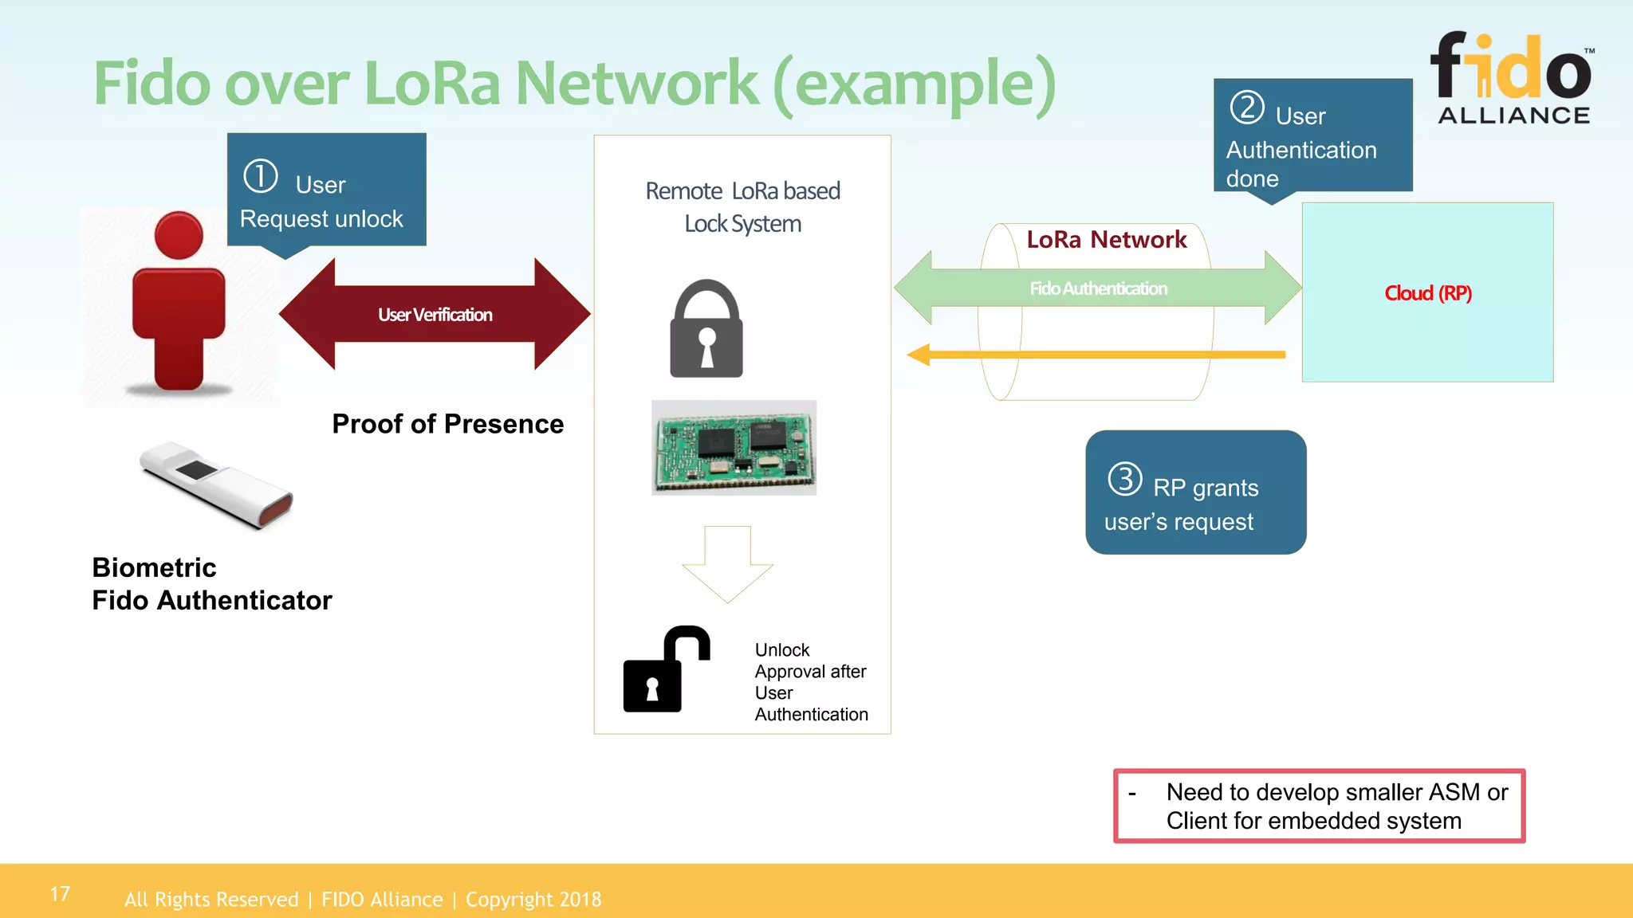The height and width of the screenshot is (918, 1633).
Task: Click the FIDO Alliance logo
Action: click(1513, 78)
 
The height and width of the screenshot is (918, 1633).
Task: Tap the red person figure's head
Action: click(179, 235)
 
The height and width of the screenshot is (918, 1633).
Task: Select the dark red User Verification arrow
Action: click(435, 314)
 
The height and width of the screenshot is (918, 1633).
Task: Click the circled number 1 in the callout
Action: click(261, 176)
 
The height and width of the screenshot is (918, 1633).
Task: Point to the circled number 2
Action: click(1247, 108)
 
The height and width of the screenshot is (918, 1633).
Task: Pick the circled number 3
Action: click(1125, 479)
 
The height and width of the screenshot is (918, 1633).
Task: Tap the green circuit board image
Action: click(734, 447)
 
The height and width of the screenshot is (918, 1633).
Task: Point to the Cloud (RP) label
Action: click(1427, 293)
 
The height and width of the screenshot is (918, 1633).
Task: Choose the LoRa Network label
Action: click(1106, 239)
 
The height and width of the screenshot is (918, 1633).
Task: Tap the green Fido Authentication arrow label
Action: click(1098, 288)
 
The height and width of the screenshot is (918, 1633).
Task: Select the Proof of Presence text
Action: click(447, 424)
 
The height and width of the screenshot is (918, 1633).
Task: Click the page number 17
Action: click(60, 894)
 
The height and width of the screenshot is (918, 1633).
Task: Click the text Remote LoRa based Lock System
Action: click(742, 207)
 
